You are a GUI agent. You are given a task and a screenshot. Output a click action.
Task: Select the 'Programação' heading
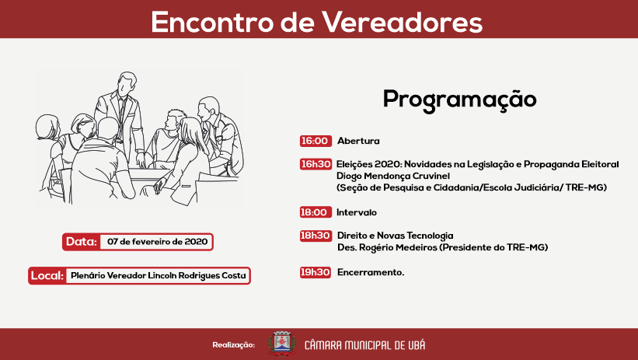click(x=459, y=100)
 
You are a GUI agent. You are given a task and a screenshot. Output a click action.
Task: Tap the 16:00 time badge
click(x=315, y=142)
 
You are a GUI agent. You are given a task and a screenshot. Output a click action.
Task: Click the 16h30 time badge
click(x=316, y=165)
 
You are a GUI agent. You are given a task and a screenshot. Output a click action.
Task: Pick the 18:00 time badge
click(x=315, y=212)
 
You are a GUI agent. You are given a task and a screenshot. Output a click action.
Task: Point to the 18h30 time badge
click(x=316, y=236)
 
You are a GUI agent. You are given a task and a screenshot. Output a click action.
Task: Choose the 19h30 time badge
click(x=316, y=273)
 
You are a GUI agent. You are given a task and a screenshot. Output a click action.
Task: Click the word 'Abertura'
click(x=358, y=142)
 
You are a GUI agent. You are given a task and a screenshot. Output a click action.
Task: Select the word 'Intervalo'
click(x=357, y=212)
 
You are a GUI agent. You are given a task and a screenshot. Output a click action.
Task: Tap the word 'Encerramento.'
click(x=371, y=273)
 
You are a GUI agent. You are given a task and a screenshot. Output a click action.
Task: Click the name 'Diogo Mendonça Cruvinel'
click(x=387, y=177)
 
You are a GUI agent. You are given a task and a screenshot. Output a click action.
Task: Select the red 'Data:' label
click(x=81, y=242)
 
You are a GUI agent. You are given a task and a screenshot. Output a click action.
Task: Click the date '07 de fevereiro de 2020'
click(x=157, y=242)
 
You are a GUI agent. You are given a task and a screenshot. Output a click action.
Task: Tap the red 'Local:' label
click(x=47, y=276)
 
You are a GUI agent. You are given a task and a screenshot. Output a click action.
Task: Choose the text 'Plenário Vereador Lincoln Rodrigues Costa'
click(x=158, y=276)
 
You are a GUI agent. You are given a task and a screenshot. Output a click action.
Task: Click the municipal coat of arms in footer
click(x=281, y=344)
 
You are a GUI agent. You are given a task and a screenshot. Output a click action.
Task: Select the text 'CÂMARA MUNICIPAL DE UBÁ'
click(x=364, y=344)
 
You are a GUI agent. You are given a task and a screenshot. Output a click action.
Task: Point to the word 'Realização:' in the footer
click(x=233, y=344)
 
